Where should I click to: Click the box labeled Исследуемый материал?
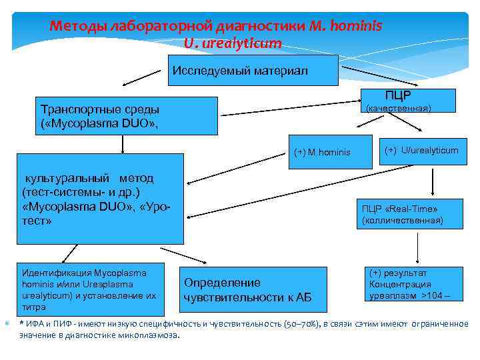coord(240,71)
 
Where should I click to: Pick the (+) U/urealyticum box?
coord(421,151)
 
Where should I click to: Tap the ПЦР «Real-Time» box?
coord(404,214)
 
